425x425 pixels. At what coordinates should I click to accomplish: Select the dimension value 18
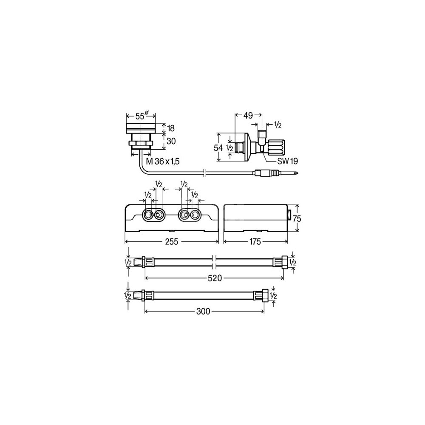171,128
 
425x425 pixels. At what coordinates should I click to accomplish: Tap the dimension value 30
171,141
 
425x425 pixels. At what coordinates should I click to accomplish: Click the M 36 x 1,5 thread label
163,161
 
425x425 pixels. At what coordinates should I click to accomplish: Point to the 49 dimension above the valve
248,116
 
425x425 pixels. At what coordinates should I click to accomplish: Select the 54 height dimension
218,148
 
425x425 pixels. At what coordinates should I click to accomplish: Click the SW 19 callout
287,161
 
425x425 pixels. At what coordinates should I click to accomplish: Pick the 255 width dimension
172,241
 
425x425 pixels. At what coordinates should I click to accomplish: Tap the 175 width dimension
255,241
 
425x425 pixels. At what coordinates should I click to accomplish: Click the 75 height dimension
297,218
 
